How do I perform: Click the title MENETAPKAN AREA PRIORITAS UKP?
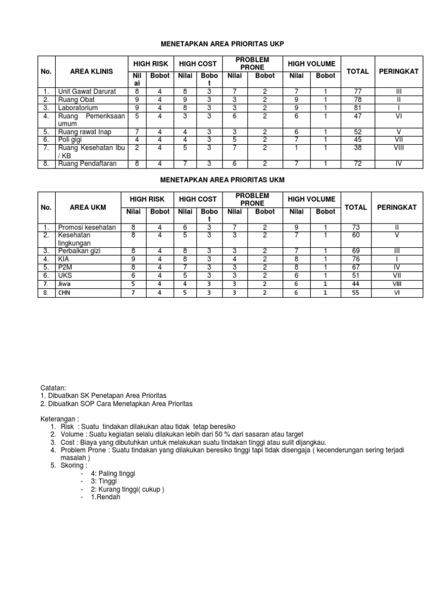222,44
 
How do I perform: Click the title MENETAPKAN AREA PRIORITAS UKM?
222,181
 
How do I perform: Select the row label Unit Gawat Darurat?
87,91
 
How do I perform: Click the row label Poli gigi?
71,140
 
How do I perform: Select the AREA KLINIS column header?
90,71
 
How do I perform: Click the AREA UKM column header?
87,207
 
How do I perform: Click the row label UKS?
65,276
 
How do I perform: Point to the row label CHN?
64,294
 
